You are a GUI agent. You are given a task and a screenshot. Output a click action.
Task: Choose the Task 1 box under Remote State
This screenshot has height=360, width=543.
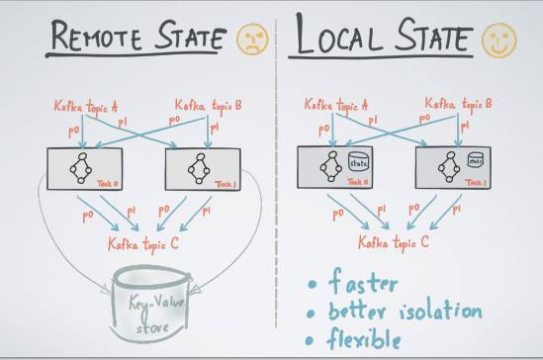click(x=202, y=169)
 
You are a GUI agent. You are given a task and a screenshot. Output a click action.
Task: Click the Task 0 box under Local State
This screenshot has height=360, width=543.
click(x=335, y=169)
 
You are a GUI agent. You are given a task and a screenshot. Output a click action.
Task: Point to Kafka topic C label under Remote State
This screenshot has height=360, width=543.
click(x=146, y=242)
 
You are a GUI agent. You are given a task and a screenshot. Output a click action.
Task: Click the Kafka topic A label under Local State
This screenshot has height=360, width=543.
click(x=335, y=104)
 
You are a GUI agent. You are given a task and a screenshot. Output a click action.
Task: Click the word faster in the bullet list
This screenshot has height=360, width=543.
click(x=363, y=283)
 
